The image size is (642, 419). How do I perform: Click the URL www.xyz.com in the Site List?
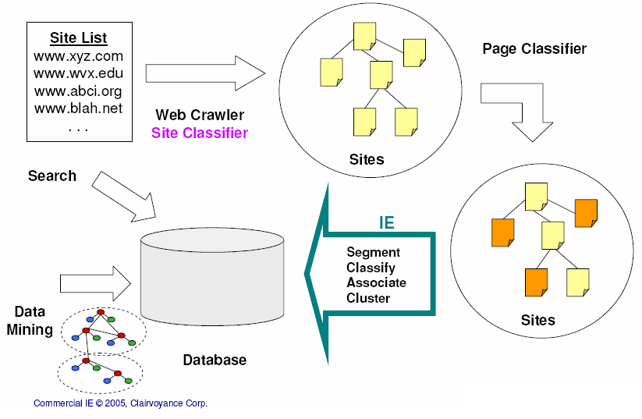click(x=78, y=56)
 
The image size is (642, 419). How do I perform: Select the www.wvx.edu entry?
click(x=78, y=73)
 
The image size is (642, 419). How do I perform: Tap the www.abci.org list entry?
click(x=78, y=91)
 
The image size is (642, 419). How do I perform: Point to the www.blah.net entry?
click(x=78, y=108)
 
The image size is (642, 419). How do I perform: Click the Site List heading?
click(x=78, y=37)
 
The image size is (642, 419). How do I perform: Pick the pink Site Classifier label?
click(x=200, y=133)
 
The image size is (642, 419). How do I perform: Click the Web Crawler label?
click(x=200, y=115)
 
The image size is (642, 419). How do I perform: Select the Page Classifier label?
click(x=534, y=49)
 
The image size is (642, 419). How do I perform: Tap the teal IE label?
click(x=386, y=222)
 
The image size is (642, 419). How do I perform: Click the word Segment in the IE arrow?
click(x=373, y=252)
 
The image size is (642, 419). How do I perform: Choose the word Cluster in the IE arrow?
click(x=368, y=297)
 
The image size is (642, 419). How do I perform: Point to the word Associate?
click(x=376, y=282)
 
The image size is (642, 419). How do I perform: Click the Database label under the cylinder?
click(x=215, y=360)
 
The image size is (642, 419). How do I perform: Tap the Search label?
click(x=52, y=176)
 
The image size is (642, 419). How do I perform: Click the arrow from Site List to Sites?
click(x=206, y=73)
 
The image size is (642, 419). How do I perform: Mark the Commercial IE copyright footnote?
click(x=120, y=403)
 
